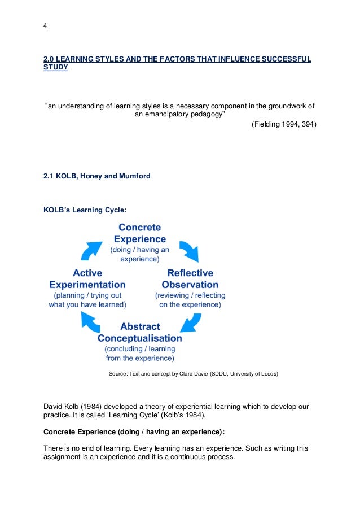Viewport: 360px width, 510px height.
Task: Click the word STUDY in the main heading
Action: [56, 68]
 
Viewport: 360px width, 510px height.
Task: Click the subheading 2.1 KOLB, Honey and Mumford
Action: [97, 176]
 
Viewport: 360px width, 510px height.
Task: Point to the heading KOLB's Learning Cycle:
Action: [85, 210]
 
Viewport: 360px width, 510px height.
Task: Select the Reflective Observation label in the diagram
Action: [190, 279]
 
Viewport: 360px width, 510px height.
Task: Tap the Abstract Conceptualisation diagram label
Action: [140, 333]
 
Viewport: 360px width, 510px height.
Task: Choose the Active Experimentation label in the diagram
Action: [87, 279]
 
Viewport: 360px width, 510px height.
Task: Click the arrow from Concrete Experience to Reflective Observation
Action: [188, 249]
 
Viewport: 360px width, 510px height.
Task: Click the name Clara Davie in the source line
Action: [193, 374]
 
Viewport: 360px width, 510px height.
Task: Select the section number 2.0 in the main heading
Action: [50, 59]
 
